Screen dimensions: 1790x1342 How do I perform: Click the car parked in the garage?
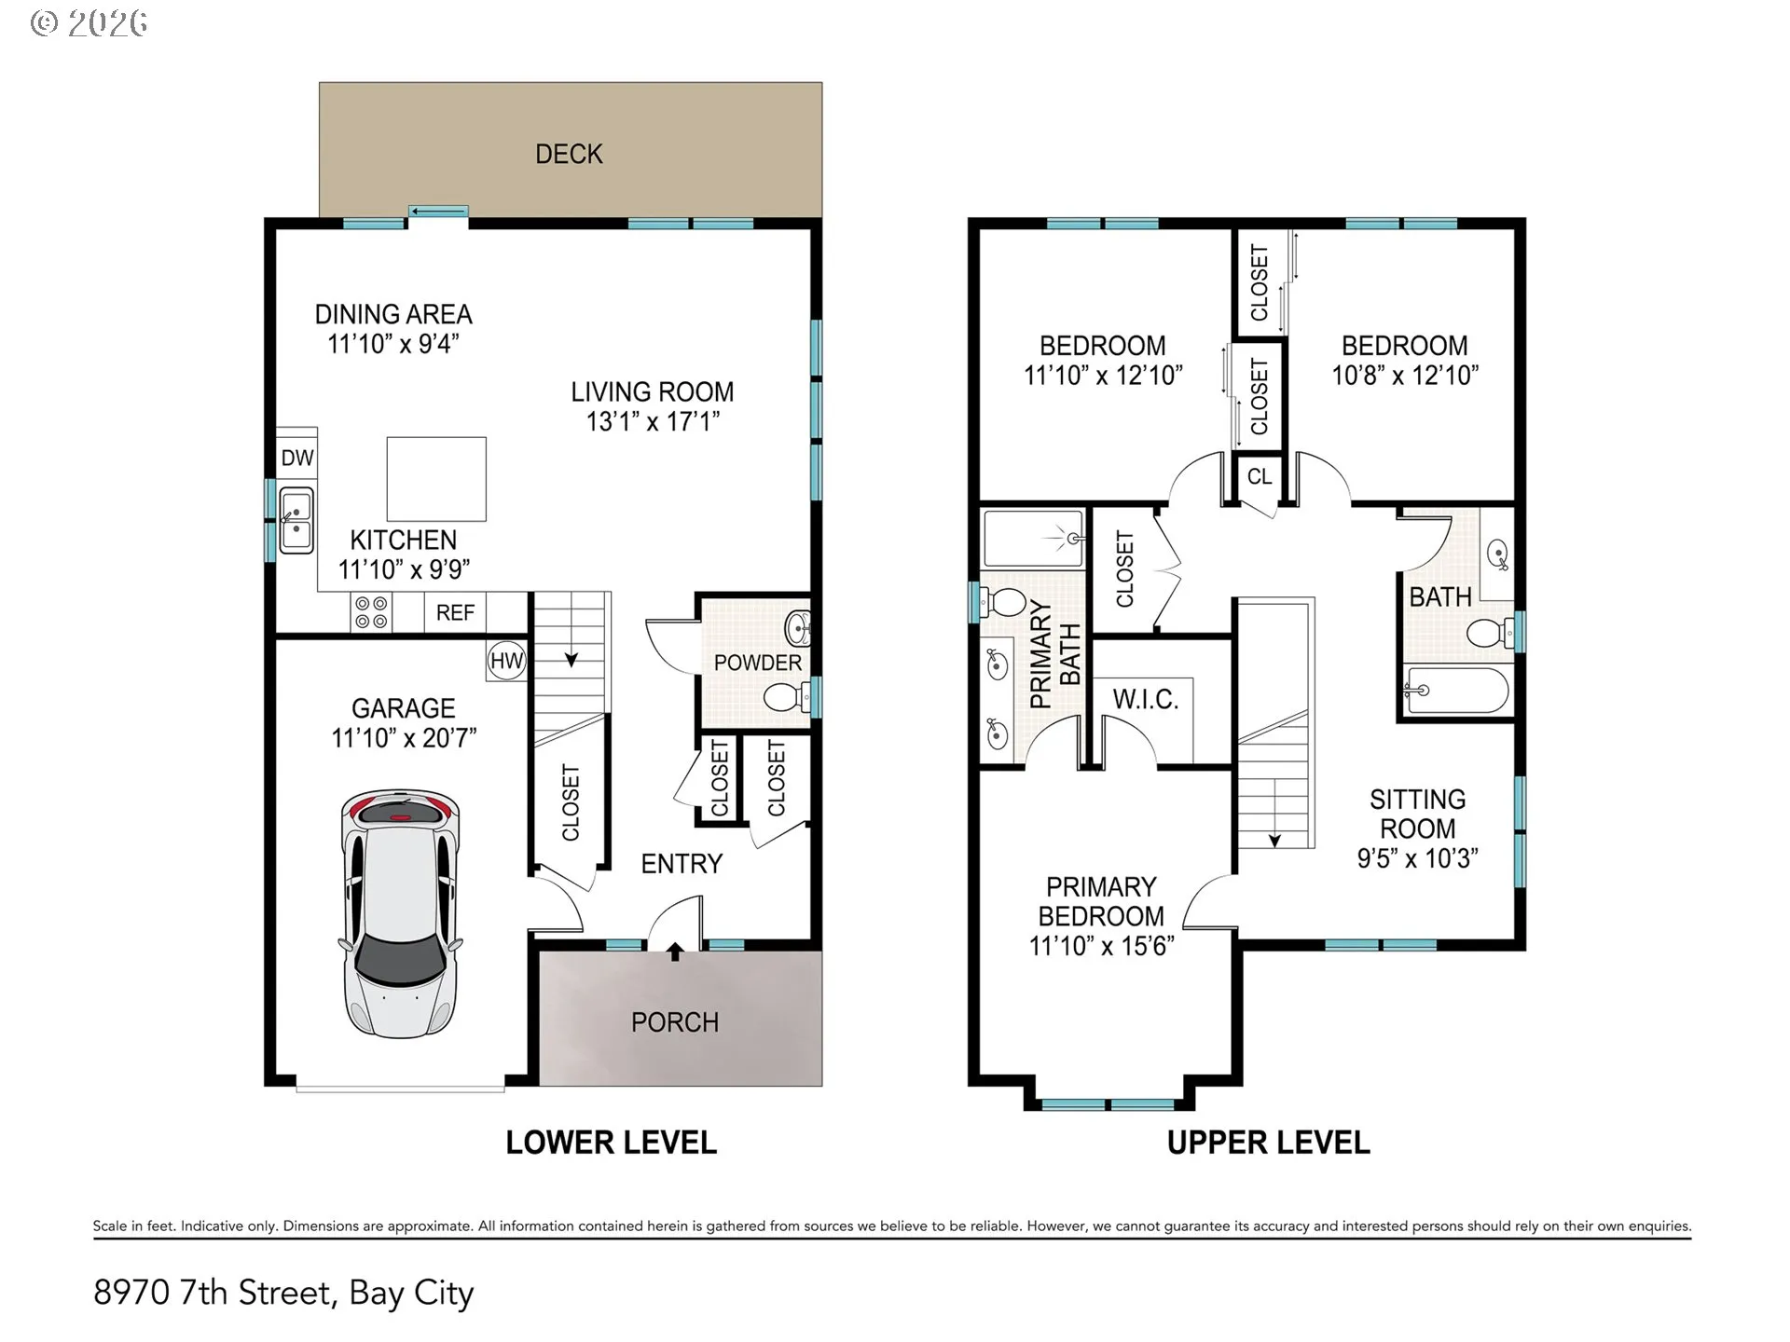coord(401,913)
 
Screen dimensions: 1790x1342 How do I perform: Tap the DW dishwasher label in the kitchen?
coord(297,458)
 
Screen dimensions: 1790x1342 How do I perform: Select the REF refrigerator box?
coord(455,612)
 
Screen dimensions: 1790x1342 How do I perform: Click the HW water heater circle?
coord(507,662)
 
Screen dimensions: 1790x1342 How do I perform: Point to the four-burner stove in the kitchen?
coord(371,612)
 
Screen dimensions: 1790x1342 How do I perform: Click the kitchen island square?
coord(436,479)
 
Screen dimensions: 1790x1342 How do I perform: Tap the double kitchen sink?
coord(296,519)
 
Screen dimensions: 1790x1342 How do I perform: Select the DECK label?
coord(569,154)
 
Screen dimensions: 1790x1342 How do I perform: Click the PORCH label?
coord(675,1022)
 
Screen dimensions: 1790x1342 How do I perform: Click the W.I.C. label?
coord(1146,699)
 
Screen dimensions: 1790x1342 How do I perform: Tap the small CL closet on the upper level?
coord(1260,476)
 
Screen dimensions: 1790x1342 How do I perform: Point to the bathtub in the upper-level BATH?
coord(1456,691)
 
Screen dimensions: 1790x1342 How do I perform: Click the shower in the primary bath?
coord(1034,539)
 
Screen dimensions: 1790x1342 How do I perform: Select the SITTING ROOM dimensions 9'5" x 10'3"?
coord(1417,858)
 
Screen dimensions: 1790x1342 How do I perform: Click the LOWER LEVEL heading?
coord(611,1143)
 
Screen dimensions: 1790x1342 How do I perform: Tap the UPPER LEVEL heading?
coord(1268,1143)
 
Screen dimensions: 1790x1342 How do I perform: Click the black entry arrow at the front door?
coord(675,952)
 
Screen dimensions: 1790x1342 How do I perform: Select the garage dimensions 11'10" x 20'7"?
coord(404,738)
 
